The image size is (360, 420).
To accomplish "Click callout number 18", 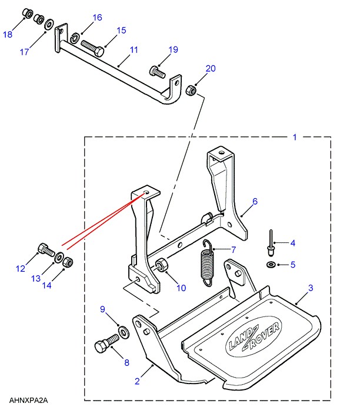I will [8, 35].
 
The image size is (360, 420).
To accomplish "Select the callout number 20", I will [211, 69].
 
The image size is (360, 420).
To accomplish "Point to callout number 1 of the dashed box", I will [295, 137].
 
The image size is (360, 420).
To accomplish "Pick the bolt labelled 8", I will [103, 346].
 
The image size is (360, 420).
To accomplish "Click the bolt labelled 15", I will [91, 45].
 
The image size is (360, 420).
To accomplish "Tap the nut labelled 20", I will [191, 91].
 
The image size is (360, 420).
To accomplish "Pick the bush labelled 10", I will [162, 269].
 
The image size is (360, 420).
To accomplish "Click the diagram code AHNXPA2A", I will [28, 401].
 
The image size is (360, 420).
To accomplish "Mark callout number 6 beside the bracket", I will [255, 202].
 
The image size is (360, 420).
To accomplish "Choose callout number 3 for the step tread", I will [311, 288].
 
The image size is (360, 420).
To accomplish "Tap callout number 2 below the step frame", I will [137, 381].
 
